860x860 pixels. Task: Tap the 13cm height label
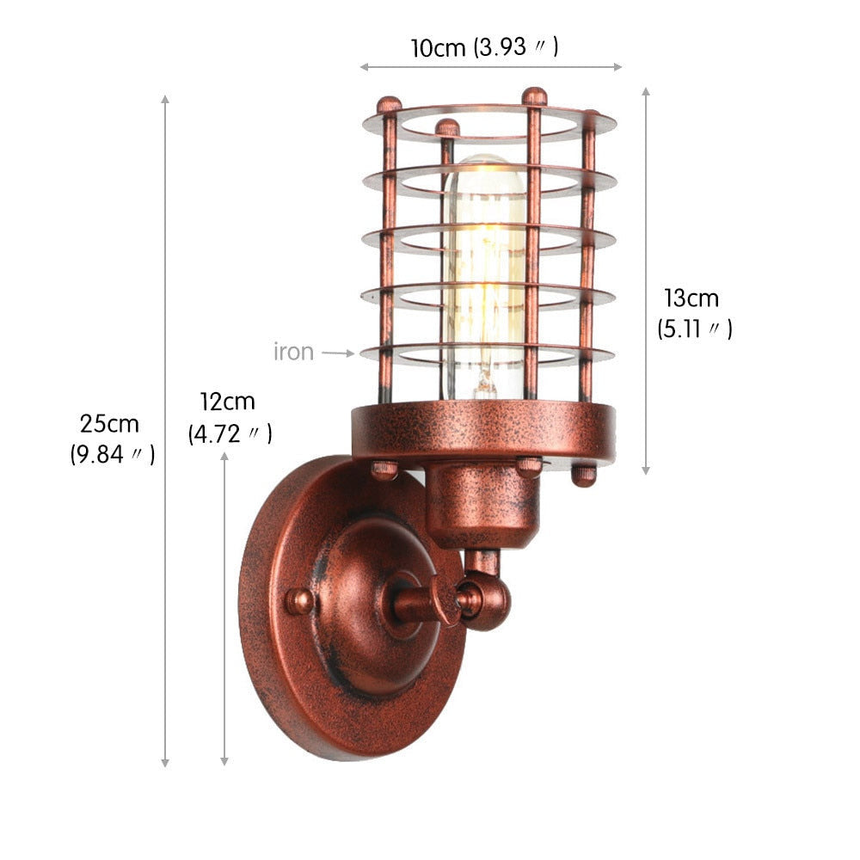tap(691, 298)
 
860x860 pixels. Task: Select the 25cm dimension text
tap(109, 424)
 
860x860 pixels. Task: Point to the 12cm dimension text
tap(227, 402)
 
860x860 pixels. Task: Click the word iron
tap(293, 352)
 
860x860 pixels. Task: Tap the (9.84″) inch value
tap(113, 455)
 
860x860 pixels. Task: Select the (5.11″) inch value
tap(695, 329)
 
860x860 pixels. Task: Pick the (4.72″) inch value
tap(230, 433)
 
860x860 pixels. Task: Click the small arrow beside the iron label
tap(338, 353)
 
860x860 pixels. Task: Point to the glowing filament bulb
tap(483, 277)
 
